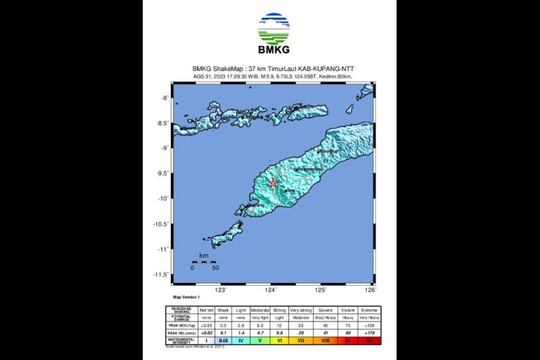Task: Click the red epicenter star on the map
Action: [273, 183]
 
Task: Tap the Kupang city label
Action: [256, 205]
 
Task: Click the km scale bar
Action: [203, 261]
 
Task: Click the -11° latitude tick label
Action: [162, 249]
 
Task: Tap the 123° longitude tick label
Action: [220, 290]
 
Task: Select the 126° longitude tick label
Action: [371, 290]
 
